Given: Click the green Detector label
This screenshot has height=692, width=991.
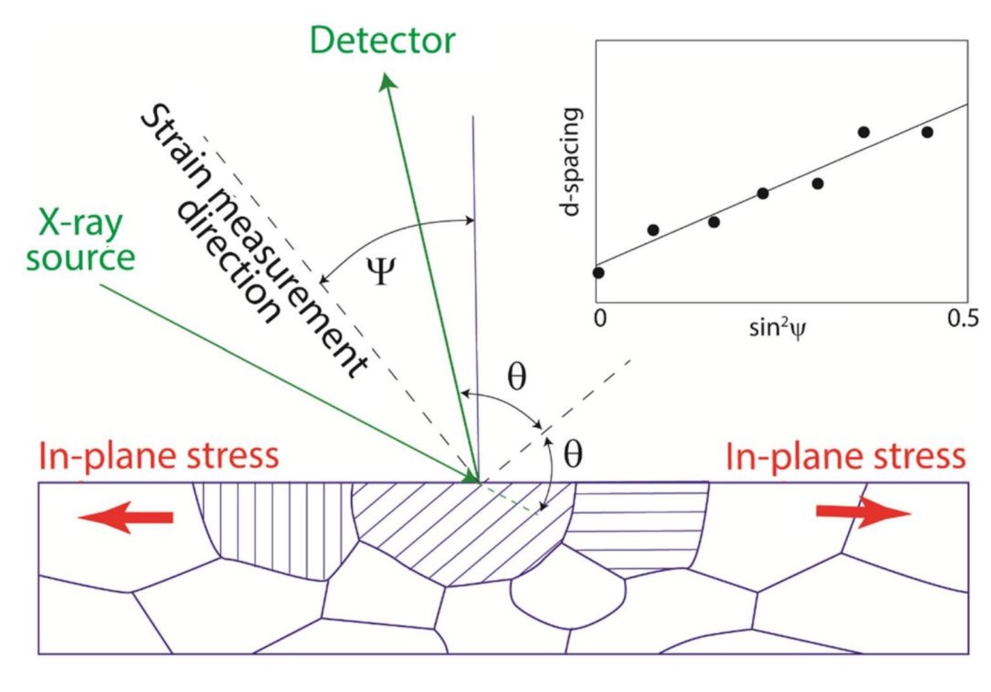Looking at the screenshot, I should pyautogui.click(x=382, y=40).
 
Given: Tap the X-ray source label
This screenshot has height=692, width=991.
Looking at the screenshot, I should pyautogui.click(x=80, y=240).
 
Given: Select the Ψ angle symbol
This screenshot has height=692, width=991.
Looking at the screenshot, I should pyautogui.click(x=380, y=271).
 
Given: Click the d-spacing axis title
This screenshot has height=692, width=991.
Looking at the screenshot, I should pyautogui.click(x=571, y=161).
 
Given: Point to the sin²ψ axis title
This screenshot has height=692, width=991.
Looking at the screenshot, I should pyautogui.click(x=778, y=326).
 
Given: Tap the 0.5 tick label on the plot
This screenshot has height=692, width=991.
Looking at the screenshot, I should pyautogui.click(x=962, y=318).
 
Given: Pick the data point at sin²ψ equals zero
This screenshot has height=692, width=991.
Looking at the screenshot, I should pyautogui.click(x=598, y=272).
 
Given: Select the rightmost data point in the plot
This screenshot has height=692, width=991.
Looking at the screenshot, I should pyautogui.click(x=927, y=132).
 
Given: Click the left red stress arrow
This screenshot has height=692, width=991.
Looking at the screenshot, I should pyautogui.click(x=125, y=518).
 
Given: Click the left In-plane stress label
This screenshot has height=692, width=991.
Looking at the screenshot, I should pyautogui.click(x=158, y=456).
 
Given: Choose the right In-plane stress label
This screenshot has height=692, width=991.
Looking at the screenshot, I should pyautogui.click(x=845, y=456).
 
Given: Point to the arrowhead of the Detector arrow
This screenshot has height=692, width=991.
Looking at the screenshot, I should pyautogui.click(x=387, y=83).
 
